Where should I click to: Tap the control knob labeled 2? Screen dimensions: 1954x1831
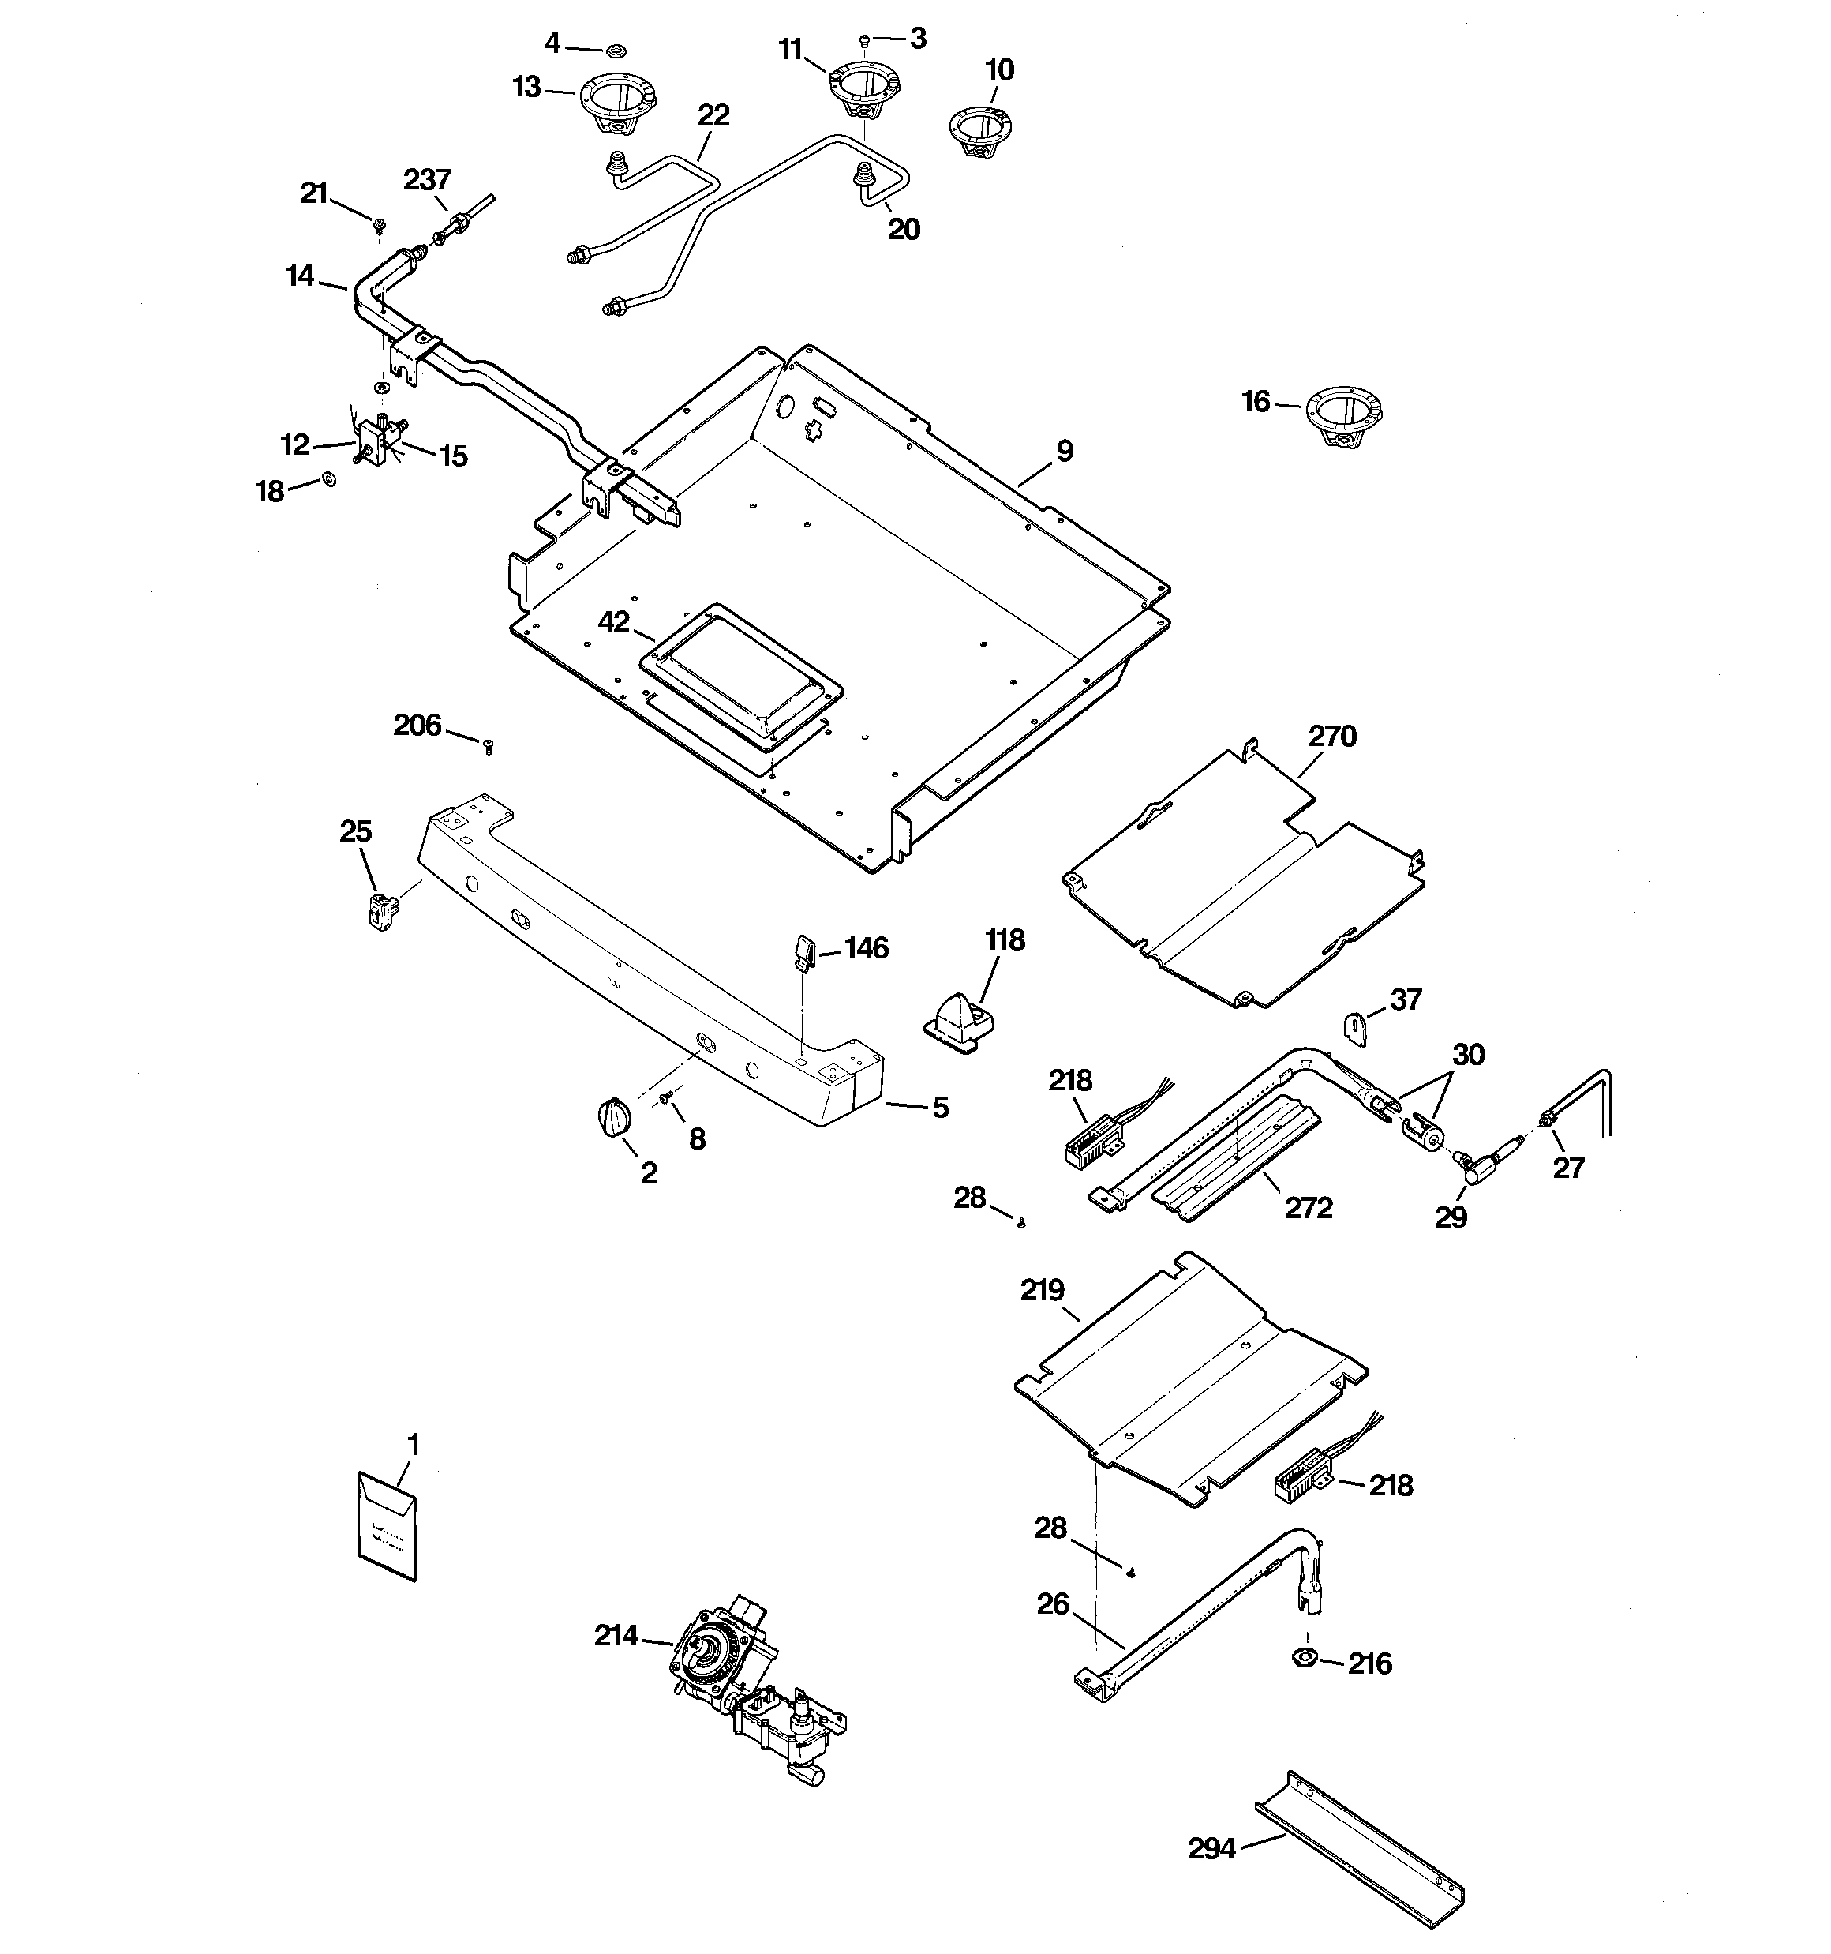(x=613, y=1119)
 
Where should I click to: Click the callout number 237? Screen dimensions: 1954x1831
(x=426, y=180)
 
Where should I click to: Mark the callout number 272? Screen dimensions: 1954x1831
(x=1308, y=1208)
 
